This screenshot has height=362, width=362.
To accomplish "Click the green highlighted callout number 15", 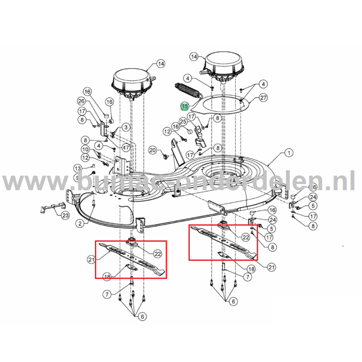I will tap(185, 107).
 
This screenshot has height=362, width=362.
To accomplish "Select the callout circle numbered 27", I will tap(263, 98).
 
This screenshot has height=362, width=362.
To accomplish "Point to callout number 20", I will tap(152, 150).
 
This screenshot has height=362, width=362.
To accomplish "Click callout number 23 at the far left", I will tap(65, 216).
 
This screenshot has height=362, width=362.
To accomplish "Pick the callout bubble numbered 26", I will tap(81, 101).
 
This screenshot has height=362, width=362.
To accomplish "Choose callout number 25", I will tap(183, 121).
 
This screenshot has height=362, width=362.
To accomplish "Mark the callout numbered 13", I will tap(77, 168).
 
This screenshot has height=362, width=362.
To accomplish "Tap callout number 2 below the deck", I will tap(80, 223).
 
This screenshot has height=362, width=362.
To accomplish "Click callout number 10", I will tap(85, 149).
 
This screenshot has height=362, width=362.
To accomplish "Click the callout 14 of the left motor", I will tap(161, 64).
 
